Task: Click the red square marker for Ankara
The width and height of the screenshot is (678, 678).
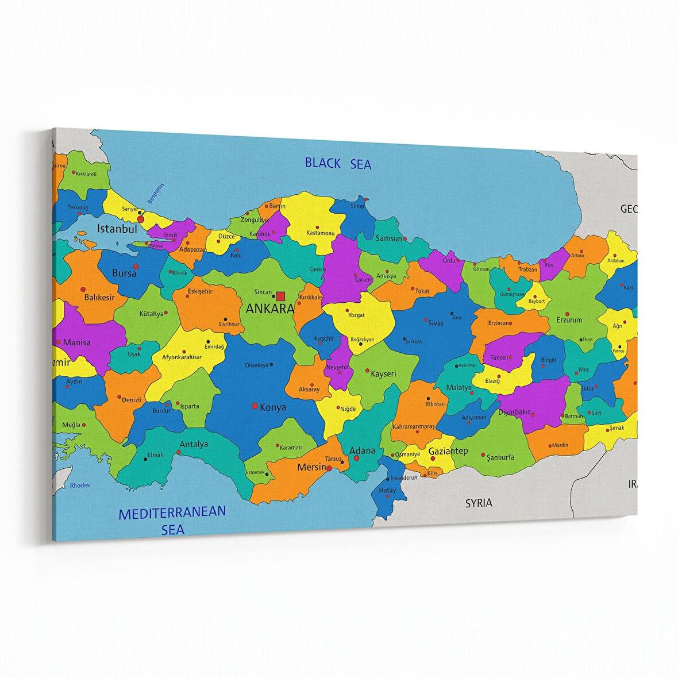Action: (x=280, y=296)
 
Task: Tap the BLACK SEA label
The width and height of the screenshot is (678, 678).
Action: (x=338, y=164)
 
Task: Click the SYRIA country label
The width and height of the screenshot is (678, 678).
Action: (x=479, y=503)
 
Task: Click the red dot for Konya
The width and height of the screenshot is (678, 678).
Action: (x=255, y=406)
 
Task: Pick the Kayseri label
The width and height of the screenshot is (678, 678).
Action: (x=383, y=373)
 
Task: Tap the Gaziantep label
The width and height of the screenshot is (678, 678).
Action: (x=448, y=451)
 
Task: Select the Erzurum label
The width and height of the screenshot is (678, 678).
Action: (x=569, y=320)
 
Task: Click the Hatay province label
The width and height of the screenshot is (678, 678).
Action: (x=387, y=490)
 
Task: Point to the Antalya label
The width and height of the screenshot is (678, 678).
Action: (x=194, y=444)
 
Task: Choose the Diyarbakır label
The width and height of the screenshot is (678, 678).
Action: (x=514, y=412)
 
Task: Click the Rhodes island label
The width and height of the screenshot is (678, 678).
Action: (x=80, y=486)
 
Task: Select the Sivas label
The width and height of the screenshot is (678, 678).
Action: (x=436, y=323)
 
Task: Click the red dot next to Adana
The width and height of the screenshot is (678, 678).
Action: (x=356, y=459)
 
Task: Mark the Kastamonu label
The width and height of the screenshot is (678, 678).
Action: (x=321, y=233)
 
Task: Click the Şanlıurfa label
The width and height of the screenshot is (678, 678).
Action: (x=500, y=457)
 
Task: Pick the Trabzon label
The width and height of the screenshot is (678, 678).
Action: (x=528, y=269)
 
